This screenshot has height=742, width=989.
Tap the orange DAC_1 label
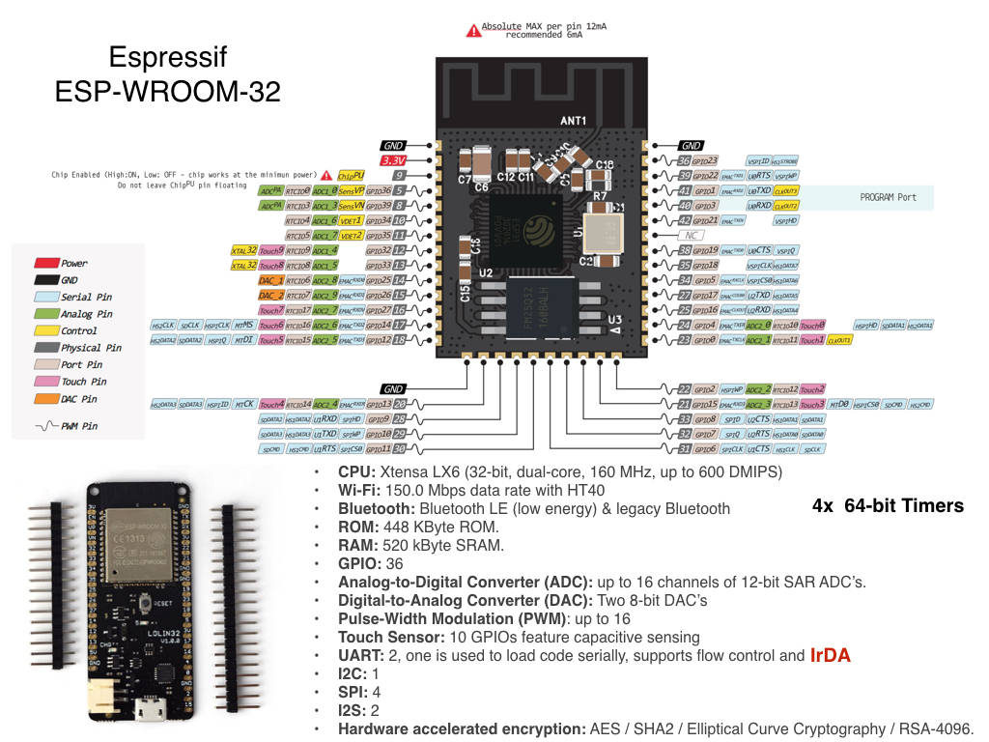(271, 279)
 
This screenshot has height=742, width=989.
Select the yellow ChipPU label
(351, 176)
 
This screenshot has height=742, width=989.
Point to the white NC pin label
(688, 235)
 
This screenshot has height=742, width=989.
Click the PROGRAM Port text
(888, 197)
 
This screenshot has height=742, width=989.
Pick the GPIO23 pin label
(706, 160)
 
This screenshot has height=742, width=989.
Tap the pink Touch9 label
(271, 249)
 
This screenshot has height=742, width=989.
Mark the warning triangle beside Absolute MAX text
(472, 31)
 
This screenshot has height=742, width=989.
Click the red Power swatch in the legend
(46, 263)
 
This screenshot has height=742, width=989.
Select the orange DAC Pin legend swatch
(46, 399)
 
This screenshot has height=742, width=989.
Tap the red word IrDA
(830, 656)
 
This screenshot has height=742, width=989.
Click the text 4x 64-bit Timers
(889, 505)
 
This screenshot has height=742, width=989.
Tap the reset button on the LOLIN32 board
(145, 604)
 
